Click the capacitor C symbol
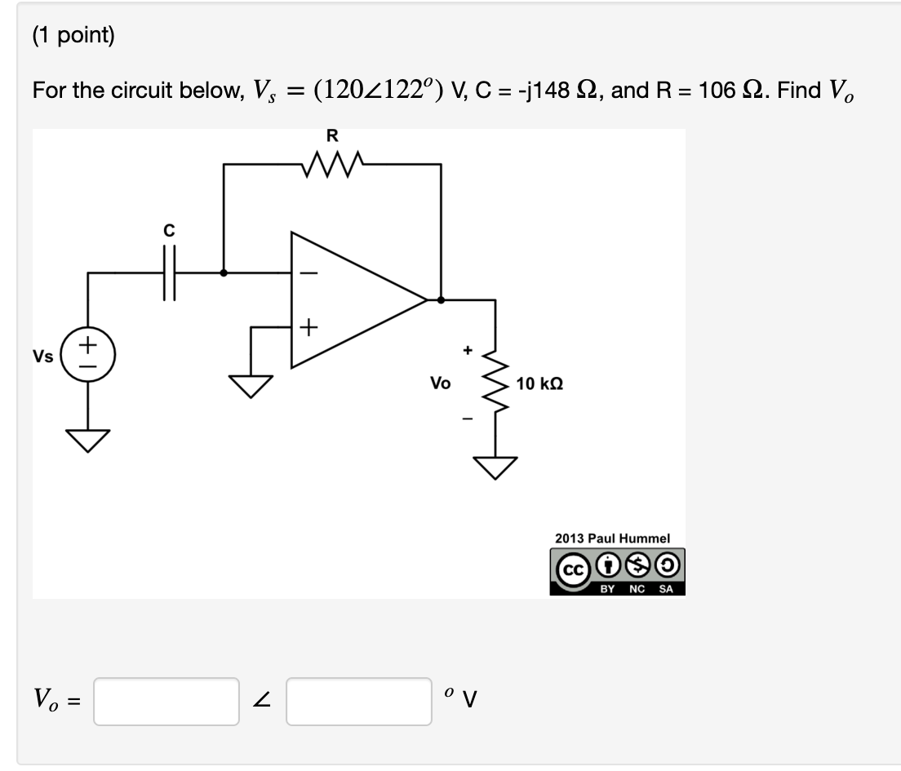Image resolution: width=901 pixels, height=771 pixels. click(x=169, y=273)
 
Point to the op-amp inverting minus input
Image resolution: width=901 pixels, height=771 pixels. click(x=308, y=273)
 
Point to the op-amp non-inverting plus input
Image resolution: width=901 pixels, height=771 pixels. click(x=308, y=328)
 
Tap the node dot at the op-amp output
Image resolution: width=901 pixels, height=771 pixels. click(x=442, y=299)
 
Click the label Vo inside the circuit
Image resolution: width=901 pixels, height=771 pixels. click(x=440, y=383)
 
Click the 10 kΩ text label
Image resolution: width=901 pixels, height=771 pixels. click(x=539, y=383)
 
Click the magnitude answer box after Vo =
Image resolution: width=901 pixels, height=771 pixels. click(x=166, y=702)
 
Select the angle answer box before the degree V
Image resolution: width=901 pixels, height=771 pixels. click(x=358, y=702)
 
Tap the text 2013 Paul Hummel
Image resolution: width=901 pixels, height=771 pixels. click(x=612, y=538)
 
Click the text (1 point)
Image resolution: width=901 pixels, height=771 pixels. click(x=73, y=36)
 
